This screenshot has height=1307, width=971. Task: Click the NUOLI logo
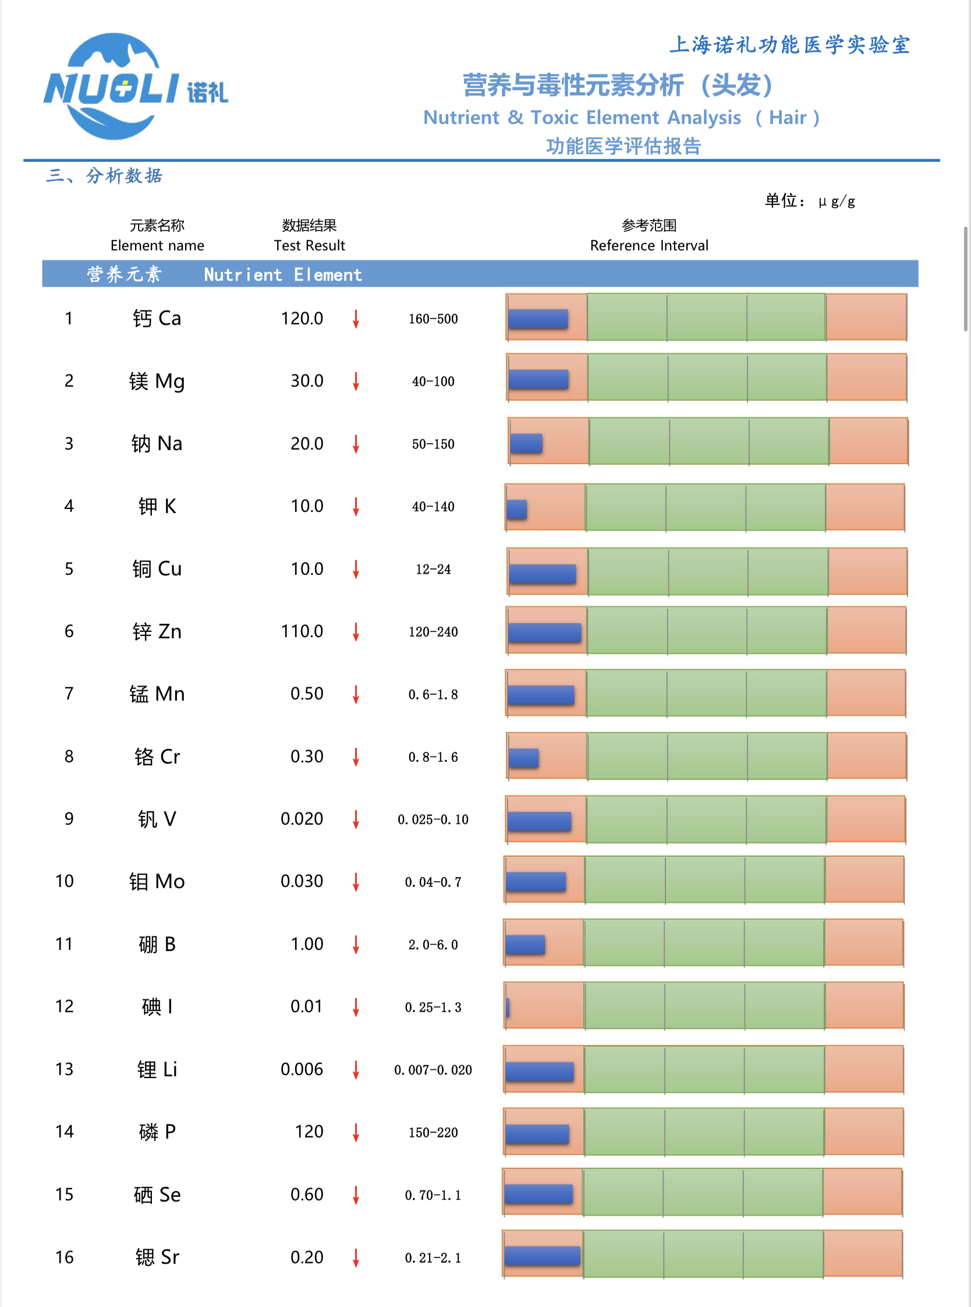pyautogui.click(x=135, y=86)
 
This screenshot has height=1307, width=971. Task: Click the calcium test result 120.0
pyautogui.click(x=302, y=319)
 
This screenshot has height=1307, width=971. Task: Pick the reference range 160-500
pyautogui.click(x=433, y=319)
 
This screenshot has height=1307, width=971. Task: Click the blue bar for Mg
pyautogui.click(x=538, y=379)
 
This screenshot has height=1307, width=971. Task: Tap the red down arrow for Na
pyautogui.click(x=356, y=444)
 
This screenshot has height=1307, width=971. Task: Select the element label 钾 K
pyautogui.click(x=157, y=506)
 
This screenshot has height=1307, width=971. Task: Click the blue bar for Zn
pyautogui.click(x=544, y=632)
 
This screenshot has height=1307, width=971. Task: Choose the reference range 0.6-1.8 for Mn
pyautogui.click(x=433, y=694)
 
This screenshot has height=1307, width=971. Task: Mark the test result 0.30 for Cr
pyautogui.click(x=306, y=756)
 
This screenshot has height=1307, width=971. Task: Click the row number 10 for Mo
pyautogui.click(x=65, y=881)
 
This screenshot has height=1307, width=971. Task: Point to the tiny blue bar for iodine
pyautogui.click(x=508, y=1006)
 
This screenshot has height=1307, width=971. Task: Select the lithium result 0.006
pyautogui.click(x=302, y=1069)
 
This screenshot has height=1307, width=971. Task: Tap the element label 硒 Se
pyautogui.click(x=157, y=1194)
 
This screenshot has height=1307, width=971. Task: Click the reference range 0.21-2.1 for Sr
pyautogui.click(x=433, y=1257)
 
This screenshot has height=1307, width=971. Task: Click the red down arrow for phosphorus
pyautogui.click(x=356, y=1132)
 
